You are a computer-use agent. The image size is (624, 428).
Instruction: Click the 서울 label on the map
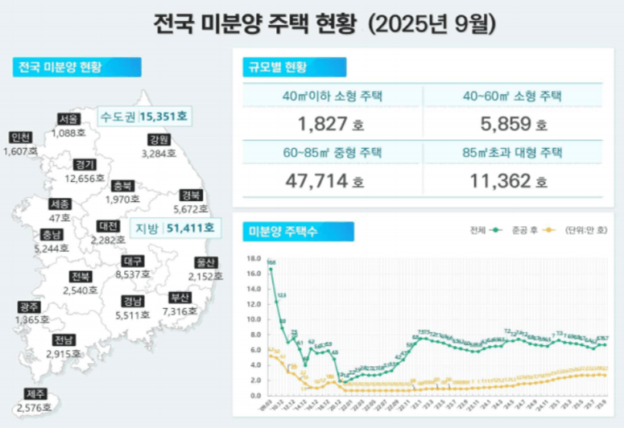[x=68, y=119]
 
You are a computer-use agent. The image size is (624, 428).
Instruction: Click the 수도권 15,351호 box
[x=143, y=117]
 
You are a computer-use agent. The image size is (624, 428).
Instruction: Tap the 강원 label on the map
[x=158, y=139]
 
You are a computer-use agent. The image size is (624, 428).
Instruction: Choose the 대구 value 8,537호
[x=133, y=274]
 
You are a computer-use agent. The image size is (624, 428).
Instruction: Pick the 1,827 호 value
[x=322, y=125]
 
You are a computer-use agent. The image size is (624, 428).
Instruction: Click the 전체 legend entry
[x=485, y=230]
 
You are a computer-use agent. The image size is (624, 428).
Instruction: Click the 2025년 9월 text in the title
[x=431, y=23]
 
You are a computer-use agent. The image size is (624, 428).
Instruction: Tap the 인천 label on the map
[x=20, y=137]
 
